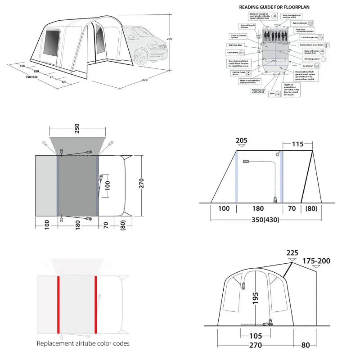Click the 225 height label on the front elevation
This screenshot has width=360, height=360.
292,252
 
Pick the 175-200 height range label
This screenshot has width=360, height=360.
317,261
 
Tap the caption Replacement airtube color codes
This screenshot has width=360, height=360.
83,343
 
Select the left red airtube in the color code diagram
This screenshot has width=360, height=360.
58,304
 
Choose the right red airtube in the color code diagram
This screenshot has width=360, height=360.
96,304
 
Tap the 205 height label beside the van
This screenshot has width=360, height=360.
169,39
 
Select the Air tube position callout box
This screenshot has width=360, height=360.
314,59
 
